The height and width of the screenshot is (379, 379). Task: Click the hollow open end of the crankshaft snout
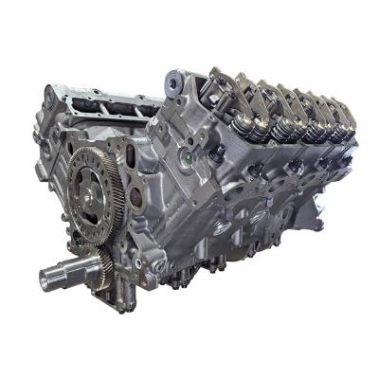pyautogui.click(x=47, y=280)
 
